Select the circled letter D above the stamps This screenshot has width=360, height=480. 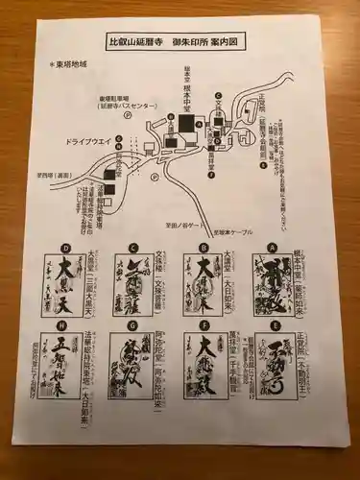click(64, 247)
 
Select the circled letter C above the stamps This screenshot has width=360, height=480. click(133, 247)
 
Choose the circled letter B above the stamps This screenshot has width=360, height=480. click(203, 247)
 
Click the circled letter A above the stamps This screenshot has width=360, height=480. click(273, 247)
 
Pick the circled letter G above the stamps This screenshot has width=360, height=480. click(133, 339)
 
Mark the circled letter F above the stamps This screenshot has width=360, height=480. click(203, 339)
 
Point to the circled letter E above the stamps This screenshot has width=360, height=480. click(273, 339)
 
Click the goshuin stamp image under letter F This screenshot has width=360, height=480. click(204, 385)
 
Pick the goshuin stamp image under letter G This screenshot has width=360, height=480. click(134, 385)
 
